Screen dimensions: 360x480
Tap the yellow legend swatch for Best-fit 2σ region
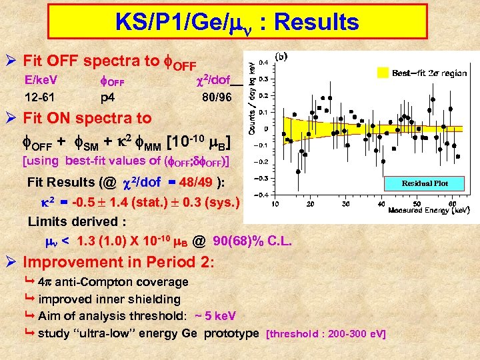click(382, 73)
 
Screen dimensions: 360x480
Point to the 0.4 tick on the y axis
click(264, 61)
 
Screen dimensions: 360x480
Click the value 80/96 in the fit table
click(217, 97)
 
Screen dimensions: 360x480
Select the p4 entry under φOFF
click(107, 97)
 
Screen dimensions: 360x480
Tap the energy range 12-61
click(41, 97)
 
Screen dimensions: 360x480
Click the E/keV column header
click(41, 81)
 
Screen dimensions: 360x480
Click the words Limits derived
click(69, 221)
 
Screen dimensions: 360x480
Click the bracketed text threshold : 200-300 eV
click(325, 333)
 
